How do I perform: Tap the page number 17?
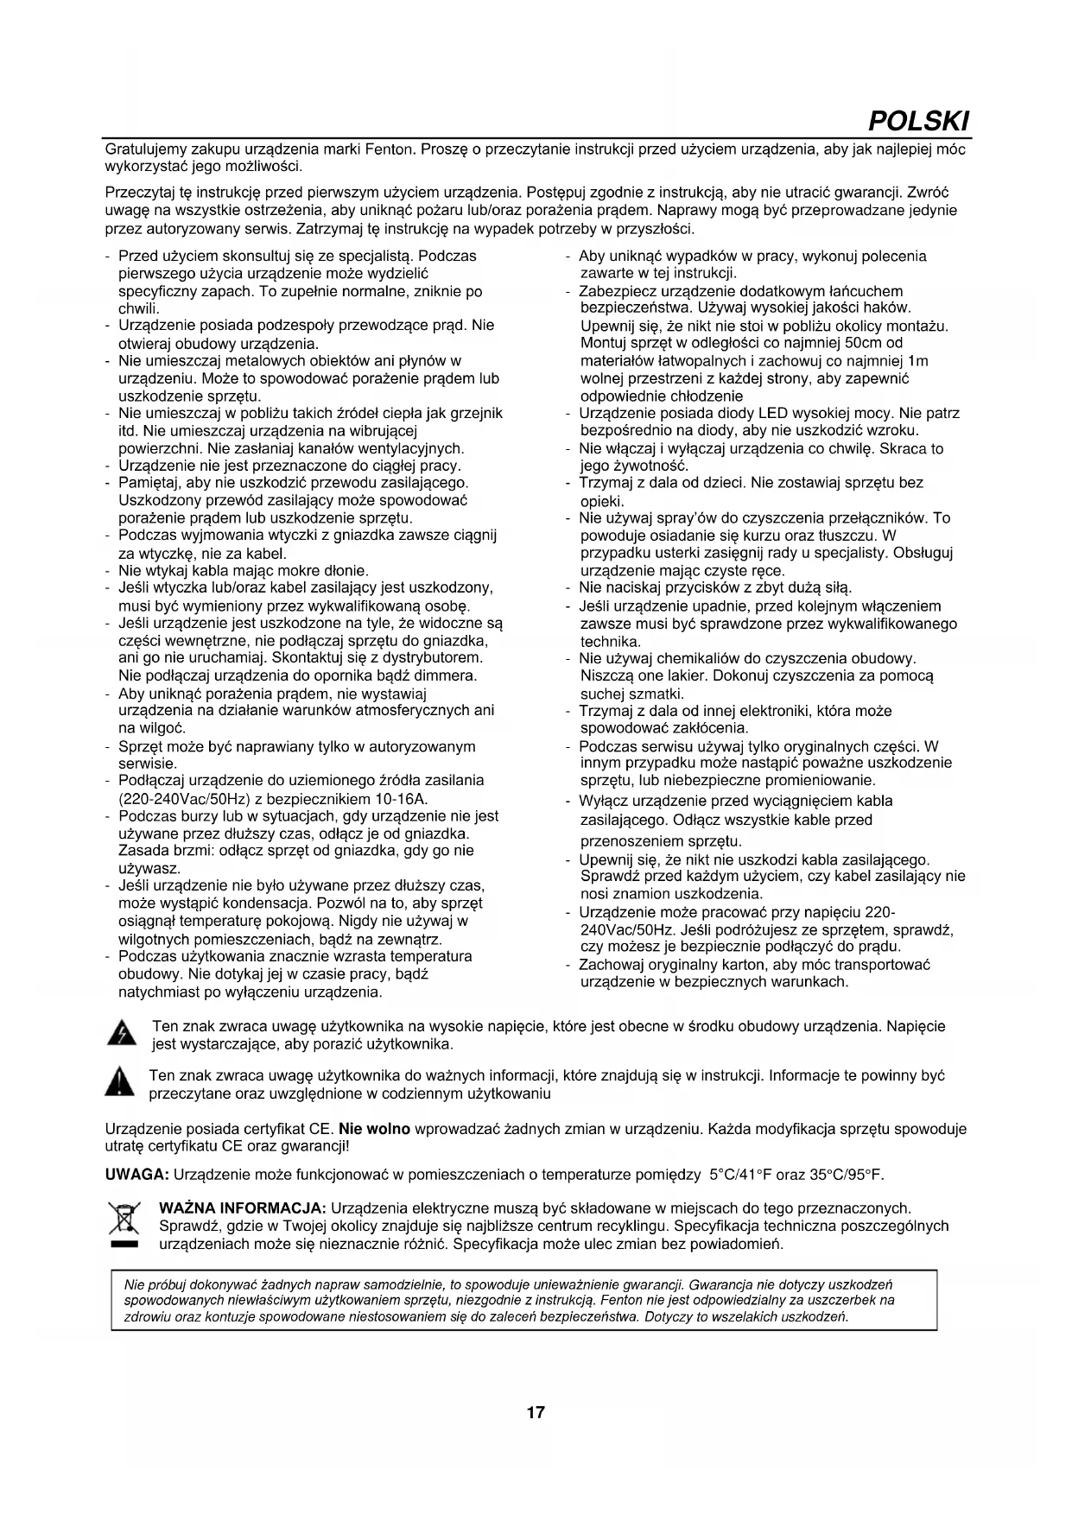click(536, 1412)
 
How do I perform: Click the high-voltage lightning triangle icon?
click(122, 1034)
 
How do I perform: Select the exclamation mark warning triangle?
click(119, 1082)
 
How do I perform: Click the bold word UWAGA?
click(136, 1175)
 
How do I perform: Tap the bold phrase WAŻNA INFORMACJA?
click(242, 1208)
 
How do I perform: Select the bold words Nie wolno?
click(375, 1129)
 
